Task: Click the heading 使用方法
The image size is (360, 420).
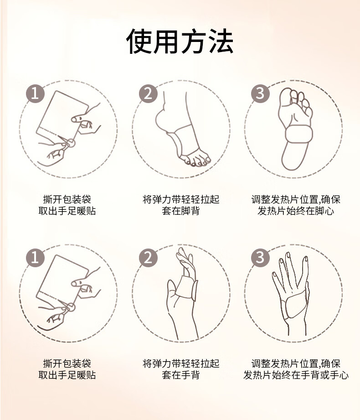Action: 180,41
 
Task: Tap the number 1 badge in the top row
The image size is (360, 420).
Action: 35,93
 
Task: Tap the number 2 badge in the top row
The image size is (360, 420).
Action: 148,93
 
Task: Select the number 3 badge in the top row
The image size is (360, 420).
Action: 260,93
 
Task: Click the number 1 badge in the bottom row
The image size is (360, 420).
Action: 35,258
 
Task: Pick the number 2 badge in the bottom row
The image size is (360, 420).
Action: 148,258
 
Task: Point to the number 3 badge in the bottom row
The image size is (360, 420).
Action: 260,258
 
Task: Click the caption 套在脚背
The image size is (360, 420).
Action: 180,211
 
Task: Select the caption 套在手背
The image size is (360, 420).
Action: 180,375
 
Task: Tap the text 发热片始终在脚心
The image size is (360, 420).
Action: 296,211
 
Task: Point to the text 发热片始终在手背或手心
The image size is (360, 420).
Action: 296,375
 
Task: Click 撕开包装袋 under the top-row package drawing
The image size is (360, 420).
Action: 67,199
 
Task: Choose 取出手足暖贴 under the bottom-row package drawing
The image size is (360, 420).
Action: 67,375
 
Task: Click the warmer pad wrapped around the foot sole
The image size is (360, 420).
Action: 299,135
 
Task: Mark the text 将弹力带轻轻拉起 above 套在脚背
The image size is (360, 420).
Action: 180,199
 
